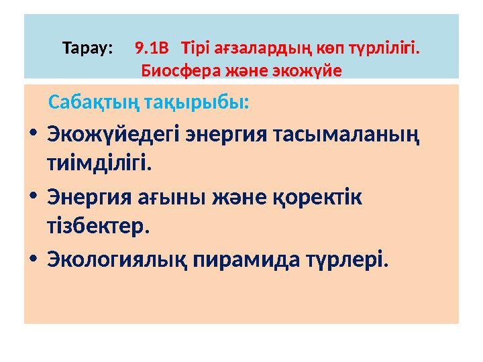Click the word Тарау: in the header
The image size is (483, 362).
[x=88, y=49]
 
